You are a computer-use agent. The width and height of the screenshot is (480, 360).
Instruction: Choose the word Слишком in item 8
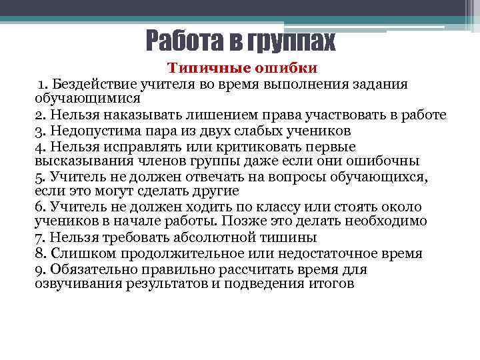(77, 253)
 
